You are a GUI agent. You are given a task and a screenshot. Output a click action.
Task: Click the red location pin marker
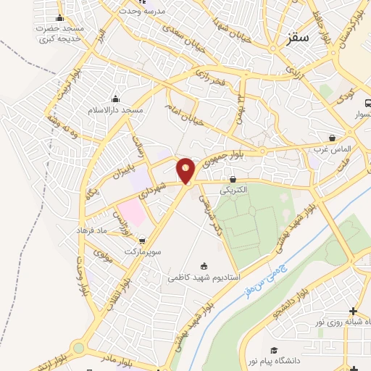pyautogui.click(x=186, y=170)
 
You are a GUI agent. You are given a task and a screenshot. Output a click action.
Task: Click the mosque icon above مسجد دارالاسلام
pyautogui.click(x=114, y=99)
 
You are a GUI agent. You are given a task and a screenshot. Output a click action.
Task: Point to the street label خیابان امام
pyautogui.click(x=187, y=109)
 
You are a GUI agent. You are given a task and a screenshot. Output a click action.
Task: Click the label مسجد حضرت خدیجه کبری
pyautogui.click(x=59, y=32)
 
